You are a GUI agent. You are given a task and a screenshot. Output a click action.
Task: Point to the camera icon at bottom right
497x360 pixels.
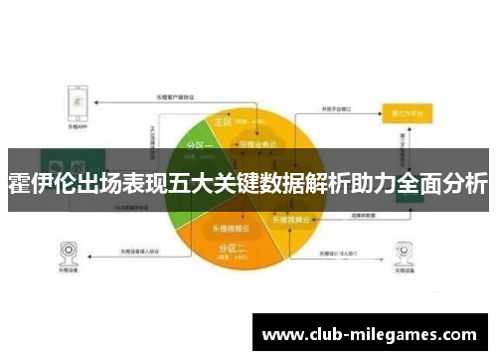[404, 251]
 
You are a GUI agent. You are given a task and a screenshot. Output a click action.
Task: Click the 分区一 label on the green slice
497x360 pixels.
[199, 146]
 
